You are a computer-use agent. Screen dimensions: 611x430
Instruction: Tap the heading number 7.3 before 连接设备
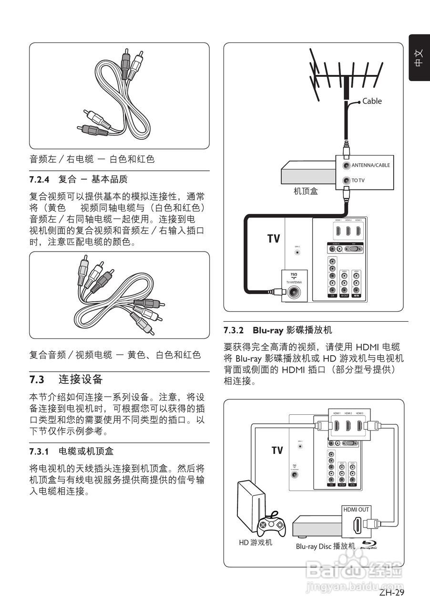point(37,380)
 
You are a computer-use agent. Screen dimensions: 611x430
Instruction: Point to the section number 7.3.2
point(234,330)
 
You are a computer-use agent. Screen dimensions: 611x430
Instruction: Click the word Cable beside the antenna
point(372,101)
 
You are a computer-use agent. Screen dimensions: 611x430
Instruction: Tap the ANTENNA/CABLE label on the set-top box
point(370,166)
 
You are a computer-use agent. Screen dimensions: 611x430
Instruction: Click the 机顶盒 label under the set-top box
point(306,191)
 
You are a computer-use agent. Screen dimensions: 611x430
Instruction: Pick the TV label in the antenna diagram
point(274,238)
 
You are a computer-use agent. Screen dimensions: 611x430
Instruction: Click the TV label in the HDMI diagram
point(277,450)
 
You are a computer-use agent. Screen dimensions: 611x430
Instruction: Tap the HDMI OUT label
point(356,510)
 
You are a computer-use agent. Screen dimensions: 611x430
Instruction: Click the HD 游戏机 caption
point(256,542)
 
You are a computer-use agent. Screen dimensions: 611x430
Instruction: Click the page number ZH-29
point(392,593)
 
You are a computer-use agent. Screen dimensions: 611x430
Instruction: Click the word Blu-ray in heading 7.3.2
point(268,330)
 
